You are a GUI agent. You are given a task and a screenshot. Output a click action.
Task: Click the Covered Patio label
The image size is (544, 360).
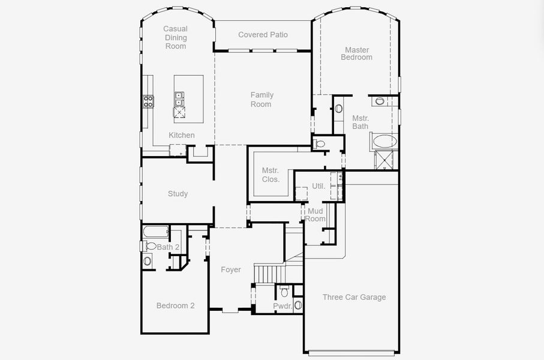tap(263, 35)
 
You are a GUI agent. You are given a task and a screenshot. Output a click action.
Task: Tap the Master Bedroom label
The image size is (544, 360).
tap(357, 54)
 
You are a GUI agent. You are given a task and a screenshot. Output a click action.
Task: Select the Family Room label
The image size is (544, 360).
tap(262, 99)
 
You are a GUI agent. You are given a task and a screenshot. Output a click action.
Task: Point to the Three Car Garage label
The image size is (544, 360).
tap(354, 297)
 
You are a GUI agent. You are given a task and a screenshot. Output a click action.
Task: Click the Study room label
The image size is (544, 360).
tap(178, 194)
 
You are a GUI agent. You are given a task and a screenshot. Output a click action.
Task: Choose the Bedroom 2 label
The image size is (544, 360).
tap(175, 305)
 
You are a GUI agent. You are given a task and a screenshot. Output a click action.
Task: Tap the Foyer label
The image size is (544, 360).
tap(231, 269)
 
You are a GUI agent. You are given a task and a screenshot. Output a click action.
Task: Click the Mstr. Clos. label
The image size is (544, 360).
tap(271, 175)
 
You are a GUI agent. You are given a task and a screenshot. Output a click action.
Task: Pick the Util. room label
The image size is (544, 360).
tap(318, 186)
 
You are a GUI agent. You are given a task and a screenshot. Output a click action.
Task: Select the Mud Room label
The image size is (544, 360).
tap(315, 215)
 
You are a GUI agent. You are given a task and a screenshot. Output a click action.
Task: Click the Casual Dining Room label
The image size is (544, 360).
tap(176, 37)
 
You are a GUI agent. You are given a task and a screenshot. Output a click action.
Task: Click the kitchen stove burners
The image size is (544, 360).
tap(149, 101)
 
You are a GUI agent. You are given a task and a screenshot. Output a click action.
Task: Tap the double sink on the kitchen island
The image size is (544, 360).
tap(179, 99)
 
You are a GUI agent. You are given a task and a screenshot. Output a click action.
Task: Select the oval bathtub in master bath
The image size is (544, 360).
tap(384, 141)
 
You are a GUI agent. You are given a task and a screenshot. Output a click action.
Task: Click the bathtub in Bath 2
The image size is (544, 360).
tap(156, 232)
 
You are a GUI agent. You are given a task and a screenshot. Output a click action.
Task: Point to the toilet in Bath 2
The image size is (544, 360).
tap(149, 246)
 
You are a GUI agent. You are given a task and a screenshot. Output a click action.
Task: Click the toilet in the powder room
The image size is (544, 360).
tap(284, 291)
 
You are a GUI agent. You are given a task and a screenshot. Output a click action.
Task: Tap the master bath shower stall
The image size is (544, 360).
tap(384, 160)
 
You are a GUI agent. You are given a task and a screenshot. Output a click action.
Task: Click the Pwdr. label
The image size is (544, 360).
tap(282, 306)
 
